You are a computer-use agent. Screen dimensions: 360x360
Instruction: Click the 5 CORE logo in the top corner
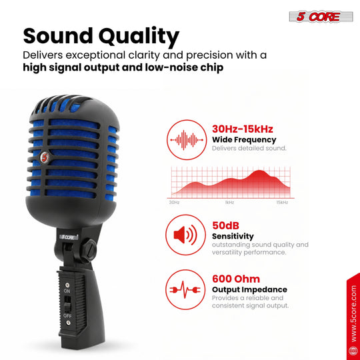(321, 17)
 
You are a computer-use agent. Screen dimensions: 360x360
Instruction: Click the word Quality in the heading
(139, 37)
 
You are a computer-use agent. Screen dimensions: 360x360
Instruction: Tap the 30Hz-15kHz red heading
(243, 129)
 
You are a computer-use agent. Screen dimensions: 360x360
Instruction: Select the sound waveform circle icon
(187, 139)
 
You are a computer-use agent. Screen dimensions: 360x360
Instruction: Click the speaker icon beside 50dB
(185, 235)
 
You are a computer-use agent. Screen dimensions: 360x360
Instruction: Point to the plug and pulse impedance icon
(185, 289)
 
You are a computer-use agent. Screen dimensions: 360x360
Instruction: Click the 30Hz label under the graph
(174, 202)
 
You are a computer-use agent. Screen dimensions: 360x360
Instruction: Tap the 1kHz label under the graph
(229, 202)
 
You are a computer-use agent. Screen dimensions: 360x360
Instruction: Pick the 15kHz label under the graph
(282, 202)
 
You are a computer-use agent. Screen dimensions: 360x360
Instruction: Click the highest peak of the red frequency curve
(259, 171)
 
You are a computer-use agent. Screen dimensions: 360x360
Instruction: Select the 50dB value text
(225, 226)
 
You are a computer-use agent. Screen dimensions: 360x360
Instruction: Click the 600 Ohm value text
(236, 279)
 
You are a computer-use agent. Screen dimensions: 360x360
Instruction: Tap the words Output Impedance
(249, 290)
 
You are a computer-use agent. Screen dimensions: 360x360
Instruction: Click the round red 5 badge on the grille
(45, 157)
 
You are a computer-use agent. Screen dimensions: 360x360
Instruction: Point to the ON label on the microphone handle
(67, 291)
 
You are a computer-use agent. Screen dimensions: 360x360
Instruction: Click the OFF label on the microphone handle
(67, 316)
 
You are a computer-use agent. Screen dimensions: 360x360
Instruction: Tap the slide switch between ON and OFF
(67, 303)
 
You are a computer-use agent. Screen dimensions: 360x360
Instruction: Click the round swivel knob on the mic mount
(89, 250)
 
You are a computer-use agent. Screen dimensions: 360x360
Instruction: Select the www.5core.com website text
(354, 313)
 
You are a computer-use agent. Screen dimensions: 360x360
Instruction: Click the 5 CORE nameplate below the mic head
(69, 237)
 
